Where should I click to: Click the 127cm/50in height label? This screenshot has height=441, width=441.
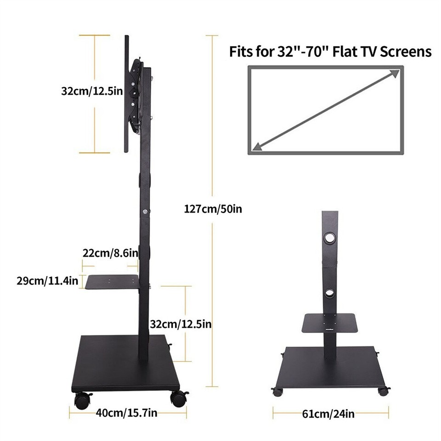point(213,209)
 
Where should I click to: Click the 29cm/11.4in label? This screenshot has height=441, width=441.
point(47,280)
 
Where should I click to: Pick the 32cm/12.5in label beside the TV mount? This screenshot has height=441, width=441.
point(92,91)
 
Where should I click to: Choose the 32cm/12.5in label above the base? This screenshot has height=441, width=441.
point(181,324)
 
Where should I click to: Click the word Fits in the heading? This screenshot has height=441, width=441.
point(241,51)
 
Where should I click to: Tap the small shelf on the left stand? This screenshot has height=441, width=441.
point(113,282)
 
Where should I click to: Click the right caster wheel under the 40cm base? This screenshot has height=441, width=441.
point(178,399)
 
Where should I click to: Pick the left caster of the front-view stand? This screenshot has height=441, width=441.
point(277,391)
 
